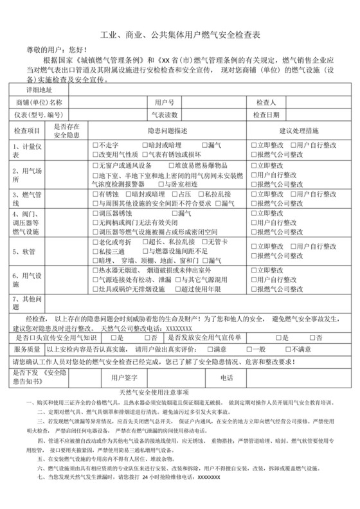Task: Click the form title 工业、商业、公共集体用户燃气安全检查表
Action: [179, 38]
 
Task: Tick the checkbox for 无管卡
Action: [205, 242]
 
